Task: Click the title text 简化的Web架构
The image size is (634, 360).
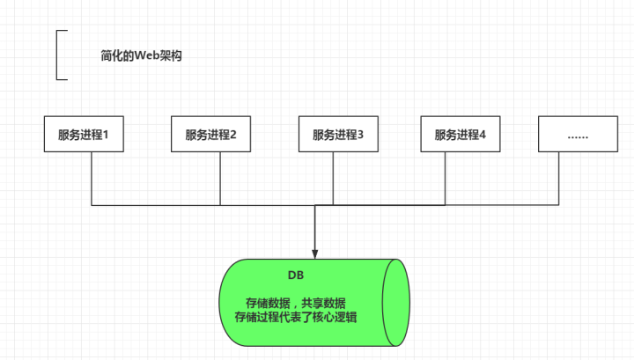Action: [141, 55]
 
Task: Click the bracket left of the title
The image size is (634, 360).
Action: [58, 55]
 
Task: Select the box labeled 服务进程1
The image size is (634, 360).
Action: [90, 136]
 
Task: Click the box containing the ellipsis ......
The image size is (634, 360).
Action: [578, 136]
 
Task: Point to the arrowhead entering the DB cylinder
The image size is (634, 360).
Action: [314, 253]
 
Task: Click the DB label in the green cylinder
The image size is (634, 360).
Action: [296, 276]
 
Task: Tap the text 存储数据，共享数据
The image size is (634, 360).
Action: [296, 302]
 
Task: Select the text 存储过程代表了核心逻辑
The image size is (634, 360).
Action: [296, 317]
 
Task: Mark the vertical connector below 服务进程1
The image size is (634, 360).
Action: [92, 180]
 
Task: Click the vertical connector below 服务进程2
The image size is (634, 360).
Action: [219, 180]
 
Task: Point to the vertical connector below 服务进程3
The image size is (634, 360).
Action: [332, 180]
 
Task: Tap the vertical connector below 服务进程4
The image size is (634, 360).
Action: [446, 180]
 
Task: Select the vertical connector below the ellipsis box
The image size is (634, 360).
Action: [560, 180]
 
